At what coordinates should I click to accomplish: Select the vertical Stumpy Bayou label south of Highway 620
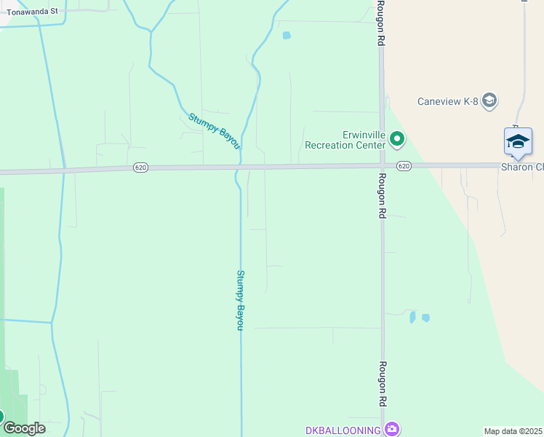pos(240,300)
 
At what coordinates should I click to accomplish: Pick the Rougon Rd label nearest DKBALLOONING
pos(382,384)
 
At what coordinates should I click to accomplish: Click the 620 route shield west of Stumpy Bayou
pos(140,168)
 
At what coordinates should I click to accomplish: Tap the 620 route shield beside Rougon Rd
pos(404,167)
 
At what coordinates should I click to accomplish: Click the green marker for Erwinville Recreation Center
pos(397,138)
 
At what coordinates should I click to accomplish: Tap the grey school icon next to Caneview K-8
pos(489,101)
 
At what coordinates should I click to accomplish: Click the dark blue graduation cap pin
pos(518,141)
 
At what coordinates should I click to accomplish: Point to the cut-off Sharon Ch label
pos(522,167)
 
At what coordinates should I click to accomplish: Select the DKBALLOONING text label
pos(343,430)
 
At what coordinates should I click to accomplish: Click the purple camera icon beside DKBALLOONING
pos(393,429)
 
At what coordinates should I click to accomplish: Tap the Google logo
pos(23,428)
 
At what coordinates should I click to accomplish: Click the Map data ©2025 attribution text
pos(513,431)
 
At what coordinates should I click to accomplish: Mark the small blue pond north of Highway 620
pos(286,35)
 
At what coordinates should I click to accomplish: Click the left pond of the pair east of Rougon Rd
pos(412,318)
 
